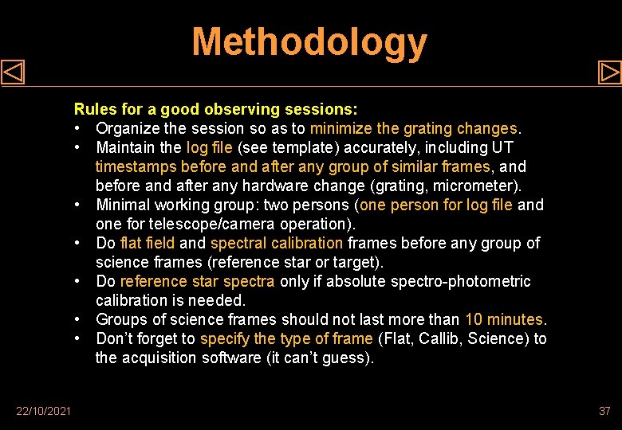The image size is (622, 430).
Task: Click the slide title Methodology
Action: pyautogui.click(x=309, y=43)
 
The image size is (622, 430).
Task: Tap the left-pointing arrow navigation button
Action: pyautogui.click(x=13, y=72)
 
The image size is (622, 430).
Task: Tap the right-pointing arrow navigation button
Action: pyautogui.click(x=609, y=72)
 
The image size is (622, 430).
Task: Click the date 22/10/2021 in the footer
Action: pyautogui.click(x=43, y=411)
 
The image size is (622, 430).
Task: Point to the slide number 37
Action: pyautogui.click(x=604, y=411)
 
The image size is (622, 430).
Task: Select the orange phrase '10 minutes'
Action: pyautogui.click(x=503, y=319)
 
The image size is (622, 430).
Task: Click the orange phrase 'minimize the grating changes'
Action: pyautogui.click(x=413, y=128)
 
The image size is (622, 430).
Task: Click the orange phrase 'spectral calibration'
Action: pyautogui.click(x=276, y=243)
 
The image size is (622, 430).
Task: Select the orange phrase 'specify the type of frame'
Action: pyautogui.click(x=286, y=338)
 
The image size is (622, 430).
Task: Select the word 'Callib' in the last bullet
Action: pyautogui.click(x=438, y=338)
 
